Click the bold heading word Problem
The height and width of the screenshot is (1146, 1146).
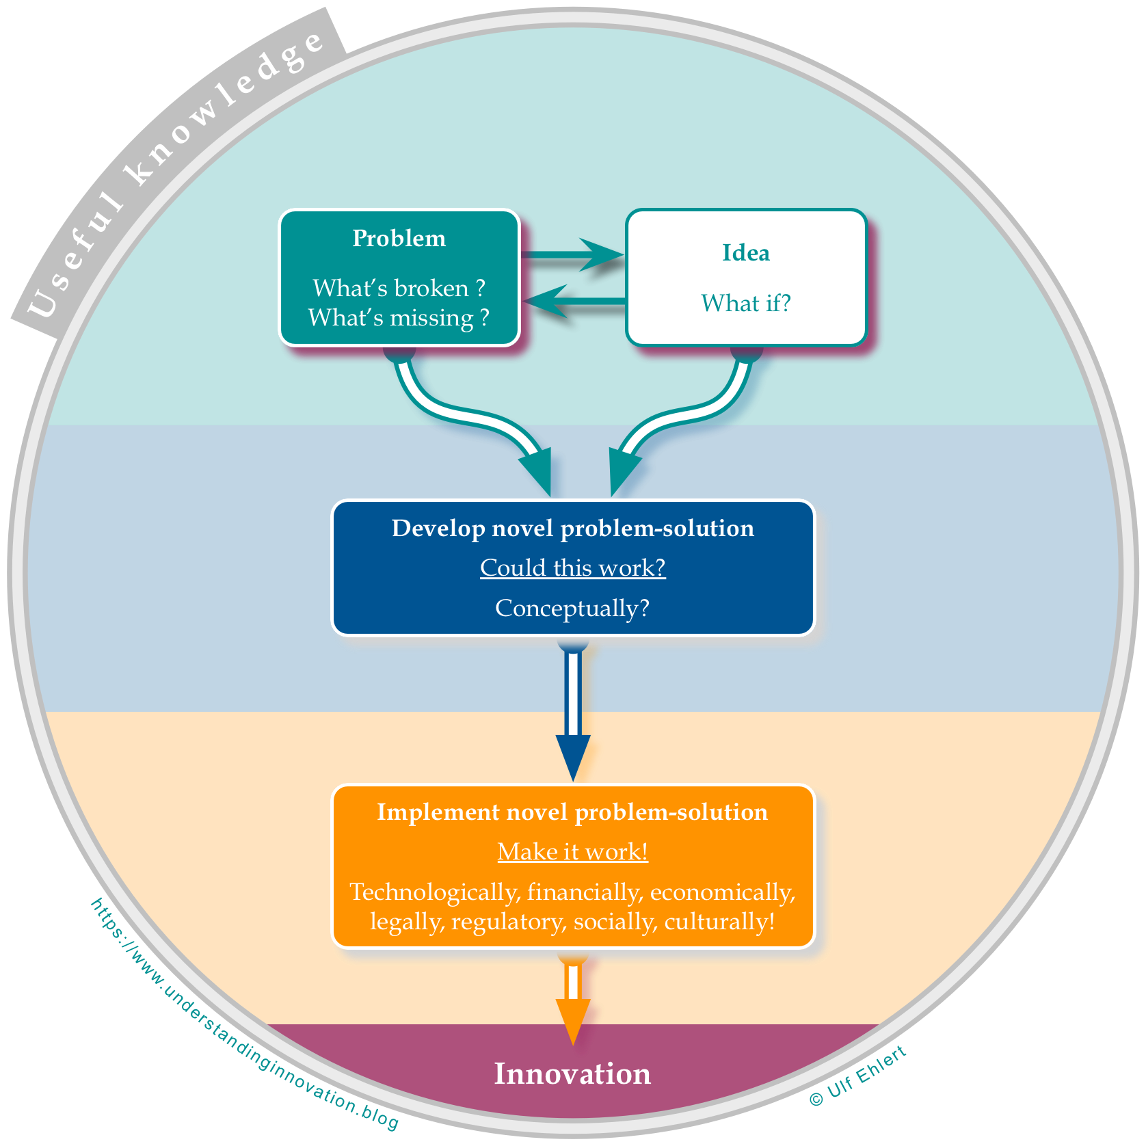pyautogui.click(x=399, y=239)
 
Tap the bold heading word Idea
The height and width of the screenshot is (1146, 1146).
pyautogui.click(x=746, y=253)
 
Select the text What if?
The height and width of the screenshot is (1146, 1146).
pyautogui.click(x=746, y=303)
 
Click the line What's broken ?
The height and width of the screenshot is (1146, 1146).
pyautogui.click(x=399, y=288)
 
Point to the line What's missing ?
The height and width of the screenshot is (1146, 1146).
pyautogui.click(x=399, y=318)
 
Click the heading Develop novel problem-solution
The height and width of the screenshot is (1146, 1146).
pyautogui.click(x=573, y=529)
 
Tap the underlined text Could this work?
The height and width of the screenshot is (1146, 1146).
pyautogui.click(x=573, y=568)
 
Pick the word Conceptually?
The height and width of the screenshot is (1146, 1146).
pyautogui.click(x=573, y=608)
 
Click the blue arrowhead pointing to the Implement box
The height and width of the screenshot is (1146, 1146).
pyautogui.click(x=573, y=756)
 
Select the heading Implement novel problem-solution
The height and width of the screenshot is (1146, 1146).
pyautogui.click(x=573, y=812)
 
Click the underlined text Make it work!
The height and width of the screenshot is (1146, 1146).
pyautogui.click(x=573, y=852)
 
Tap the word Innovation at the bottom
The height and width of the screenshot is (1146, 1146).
pyautogui.click(x=573, y=1074)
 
